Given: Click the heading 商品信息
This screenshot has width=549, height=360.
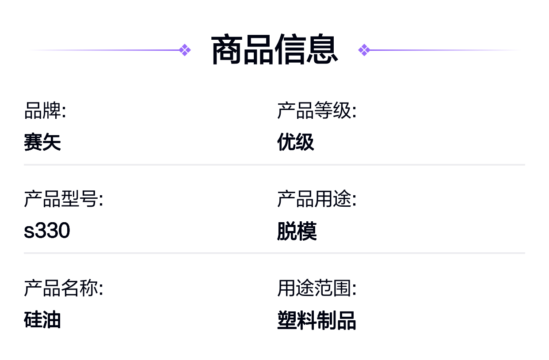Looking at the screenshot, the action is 274,50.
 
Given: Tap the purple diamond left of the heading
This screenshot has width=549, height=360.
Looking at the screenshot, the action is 185,50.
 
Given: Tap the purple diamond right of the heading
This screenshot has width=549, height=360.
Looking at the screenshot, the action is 364,50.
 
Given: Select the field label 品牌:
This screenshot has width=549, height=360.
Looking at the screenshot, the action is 45,110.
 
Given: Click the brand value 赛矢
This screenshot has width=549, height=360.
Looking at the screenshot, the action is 42,142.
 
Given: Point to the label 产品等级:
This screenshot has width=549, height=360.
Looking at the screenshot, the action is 316,110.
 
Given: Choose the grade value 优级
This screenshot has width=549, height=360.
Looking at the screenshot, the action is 296,142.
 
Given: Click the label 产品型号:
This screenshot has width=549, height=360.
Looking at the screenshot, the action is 64,199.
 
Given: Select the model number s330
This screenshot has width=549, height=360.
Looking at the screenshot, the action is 47,230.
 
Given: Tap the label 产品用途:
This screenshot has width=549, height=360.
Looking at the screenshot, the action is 316,199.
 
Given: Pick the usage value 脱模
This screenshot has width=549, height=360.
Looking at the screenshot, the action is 297,231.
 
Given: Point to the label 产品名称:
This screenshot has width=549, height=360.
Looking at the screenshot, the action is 64,288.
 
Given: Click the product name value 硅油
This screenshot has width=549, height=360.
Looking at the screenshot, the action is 42,319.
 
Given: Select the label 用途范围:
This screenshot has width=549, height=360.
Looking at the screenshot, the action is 316,288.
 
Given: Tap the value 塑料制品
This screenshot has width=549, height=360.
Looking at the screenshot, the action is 316,320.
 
